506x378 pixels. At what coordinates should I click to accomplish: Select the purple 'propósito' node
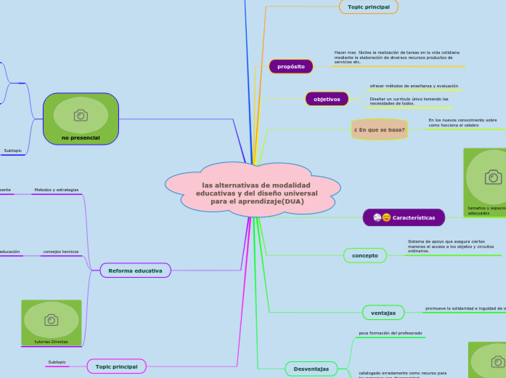click(x=290, y=66)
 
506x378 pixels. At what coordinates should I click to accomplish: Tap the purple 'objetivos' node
click(x=327, y=99)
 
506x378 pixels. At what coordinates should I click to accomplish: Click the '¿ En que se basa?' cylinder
click(x=379, y=129)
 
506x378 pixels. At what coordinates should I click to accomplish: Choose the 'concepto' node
click(x=364, y=255)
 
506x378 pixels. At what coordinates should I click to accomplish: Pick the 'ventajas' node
click(x=383, y=313)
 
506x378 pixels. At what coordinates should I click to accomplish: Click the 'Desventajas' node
click(x=311, y=369)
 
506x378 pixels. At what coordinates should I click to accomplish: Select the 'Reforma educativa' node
click(x=135, y=270)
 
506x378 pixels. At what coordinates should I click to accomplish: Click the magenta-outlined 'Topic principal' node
click(x=116, y=366)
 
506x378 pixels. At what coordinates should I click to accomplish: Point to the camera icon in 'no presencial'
click(x=81, y=115)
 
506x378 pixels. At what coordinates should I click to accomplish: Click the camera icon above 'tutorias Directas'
click(x=51, y=320)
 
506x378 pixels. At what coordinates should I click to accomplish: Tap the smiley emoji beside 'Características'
click(x=386, y=217)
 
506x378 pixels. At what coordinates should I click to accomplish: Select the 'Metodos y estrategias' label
click(x=56, y=190)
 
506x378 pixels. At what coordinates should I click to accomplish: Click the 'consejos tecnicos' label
click(x=60, y=252)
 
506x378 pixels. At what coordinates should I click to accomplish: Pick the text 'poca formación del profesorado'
click(x=390, y=333)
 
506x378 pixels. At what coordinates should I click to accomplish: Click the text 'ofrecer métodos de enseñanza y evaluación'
click(x=414, y=86)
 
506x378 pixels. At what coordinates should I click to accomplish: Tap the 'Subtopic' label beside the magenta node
click(x=57, y=362)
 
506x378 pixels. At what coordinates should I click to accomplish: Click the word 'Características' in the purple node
click(x=414, y=217)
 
